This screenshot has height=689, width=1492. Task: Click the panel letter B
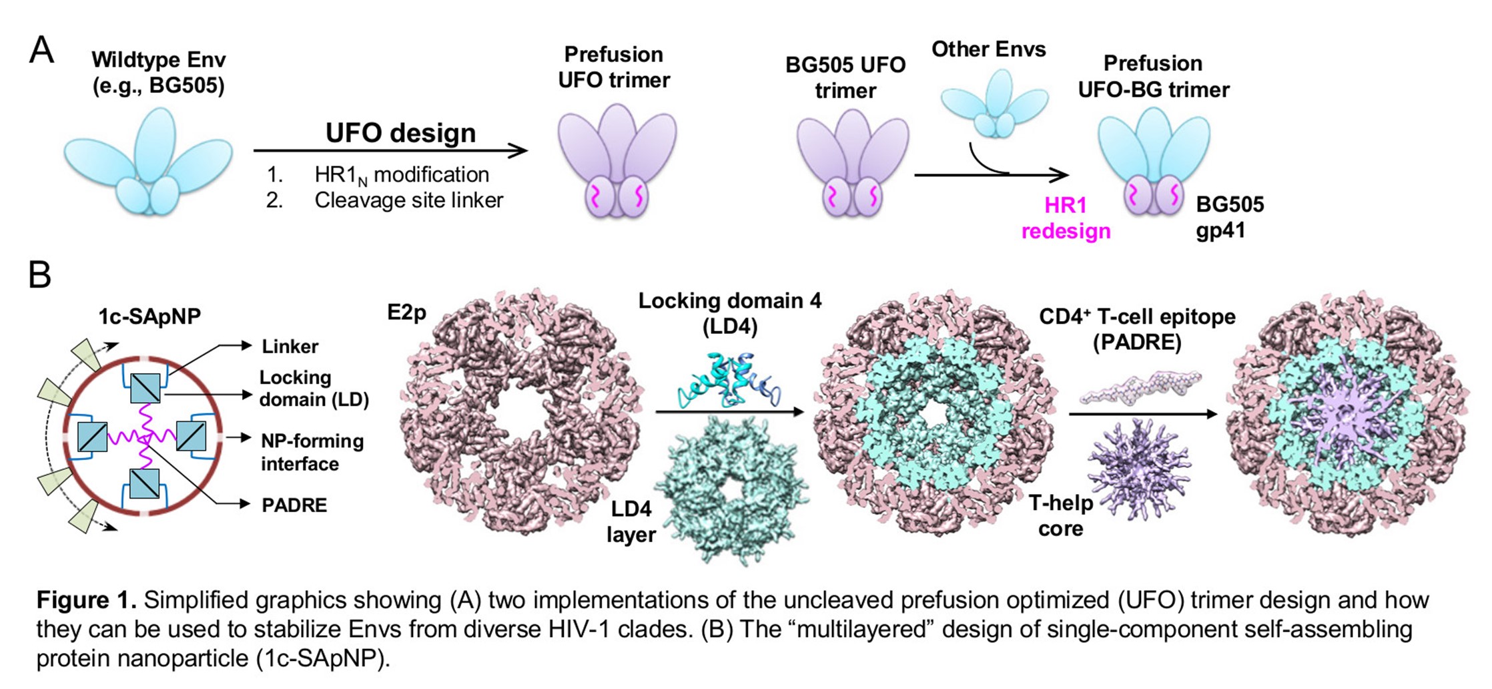pyautogui.click(x=40, y=274)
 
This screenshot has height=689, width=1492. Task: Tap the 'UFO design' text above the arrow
pyautogui.click(x=400, y=133)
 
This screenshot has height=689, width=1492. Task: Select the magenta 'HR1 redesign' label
pyautogui.click(x=1066, y=218)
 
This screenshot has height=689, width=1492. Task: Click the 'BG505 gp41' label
pyautogui.click(x=1229, y=217)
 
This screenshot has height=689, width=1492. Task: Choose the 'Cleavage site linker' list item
pyautogui.click(x=408, y=200)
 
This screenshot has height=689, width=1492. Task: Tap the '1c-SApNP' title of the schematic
pyautogui.click(x=149, y=316)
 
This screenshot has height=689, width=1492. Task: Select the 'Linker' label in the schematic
pyautogui.click(x=290, y=347)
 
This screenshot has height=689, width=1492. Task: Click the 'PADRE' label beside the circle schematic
pyautogui.click(x=294, y=505)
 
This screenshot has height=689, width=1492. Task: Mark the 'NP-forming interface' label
pyautogui.click(x=312, y=452)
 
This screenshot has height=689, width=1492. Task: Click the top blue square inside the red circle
pyautogui.click(x=145, y=388)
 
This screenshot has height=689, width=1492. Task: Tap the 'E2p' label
pyautogui.click(x=406, y=312)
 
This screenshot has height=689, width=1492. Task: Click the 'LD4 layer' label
pyautogui.click(x=631, y=521)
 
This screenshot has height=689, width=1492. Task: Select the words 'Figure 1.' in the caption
pyautogui.click(x=86, y=600)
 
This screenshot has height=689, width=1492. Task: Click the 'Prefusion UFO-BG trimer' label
pyautogui.click(x=1153, y=76)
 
